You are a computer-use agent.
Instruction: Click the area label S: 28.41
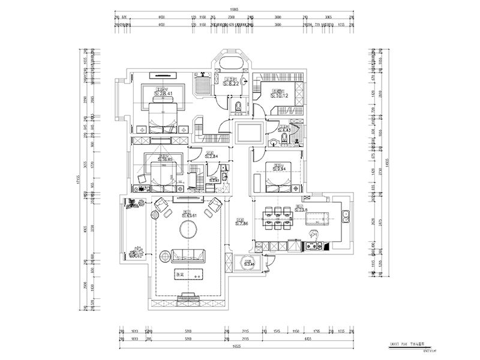pos(163,94)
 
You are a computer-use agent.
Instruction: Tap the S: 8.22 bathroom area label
pos(231,84)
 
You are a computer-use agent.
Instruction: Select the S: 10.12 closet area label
pos(280,94)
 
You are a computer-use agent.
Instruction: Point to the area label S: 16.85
pos(163,160)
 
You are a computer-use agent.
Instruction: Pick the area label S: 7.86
pos(241,223)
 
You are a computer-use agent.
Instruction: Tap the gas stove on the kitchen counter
pos(312,245)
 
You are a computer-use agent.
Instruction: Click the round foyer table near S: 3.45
pos(247,262)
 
